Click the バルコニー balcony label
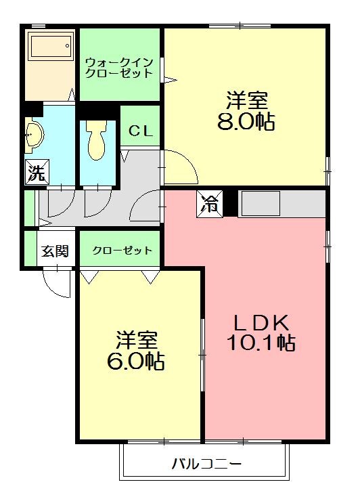pyautogui.click(x=206, y=464)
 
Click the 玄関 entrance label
pyautogui.click(x=55, y=251)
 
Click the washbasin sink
pyautogui.click(x=34, y=135)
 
